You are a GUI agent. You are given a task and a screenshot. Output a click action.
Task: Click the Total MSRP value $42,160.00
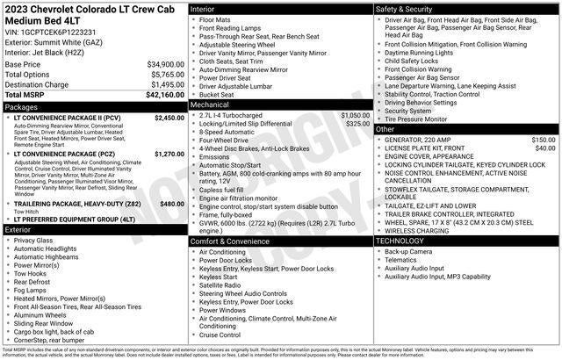pyautogui.click(x=160, y=95)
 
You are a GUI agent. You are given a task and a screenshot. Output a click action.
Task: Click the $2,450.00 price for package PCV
pyautogui.click(x=169, y=118)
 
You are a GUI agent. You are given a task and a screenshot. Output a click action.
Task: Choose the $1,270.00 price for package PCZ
pyautogui.click(x=169, y=154)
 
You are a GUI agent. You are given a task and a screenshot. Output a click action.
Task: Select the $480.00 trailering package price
pyautogui.click(x=172, y=203)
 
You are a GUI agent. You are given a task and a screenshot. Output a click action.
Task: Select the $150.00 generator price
pyautogui.click(x=543, y=140)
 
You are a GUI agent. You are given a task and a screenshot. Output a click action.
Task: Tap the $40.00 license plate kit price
pyautogui.click(x=545, y=148)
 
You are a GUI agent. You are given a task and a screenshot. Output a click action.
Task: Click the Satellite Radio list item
pyautogui.click(x=221, y=284)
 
